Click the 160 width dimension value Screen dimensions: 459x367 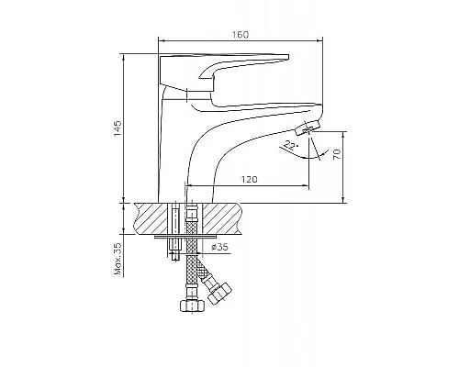click(241, 35)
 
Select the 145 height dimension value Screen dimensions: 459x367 click(118, 128)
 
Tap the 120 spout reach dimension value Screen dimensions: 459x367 click(250, 179)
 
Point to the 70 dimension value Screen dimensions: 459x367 click(337, 154)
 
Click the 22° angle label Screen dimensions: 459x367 click(291, 145)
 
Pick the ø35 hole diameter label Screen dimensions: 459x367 click(219, 247)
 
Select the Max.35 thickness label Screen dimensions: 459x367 click(118, 259)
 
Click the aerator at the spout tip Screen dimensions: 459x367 click(308, 128)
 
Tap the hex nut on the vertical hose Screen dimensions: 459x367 click(192, 306)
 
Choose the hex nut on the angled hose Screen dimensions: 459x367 click(220, 294)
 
